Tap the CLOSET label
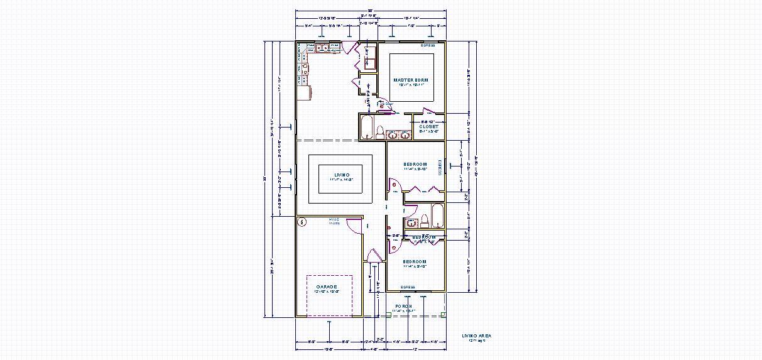(429, 126)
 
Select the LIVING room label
(342, 175)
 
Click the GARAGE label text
(327, 286)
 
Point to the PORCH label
(404, 306)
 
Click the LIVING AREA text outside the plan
(477, 335)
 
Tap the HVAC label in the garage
(334, 219)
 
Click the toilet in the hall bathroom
(425, 220)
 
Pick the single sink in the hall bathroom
(411, 222)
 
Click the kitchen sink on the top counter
(322, 47)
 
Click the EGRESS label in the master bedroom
(428, 45)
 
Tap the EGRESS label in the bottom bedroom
(408, 287)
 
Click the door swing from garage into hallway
(354, 226)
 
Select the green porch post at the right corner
(443, 314)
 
